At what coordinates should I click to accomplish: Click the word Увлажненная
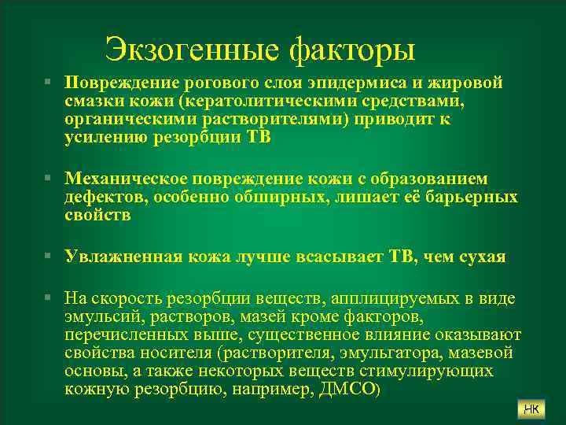point(123,257)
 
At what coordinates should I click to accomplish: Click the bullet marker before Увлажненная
point(49,257)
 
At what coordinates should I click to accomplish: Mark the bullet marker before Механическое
point(49,179)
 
